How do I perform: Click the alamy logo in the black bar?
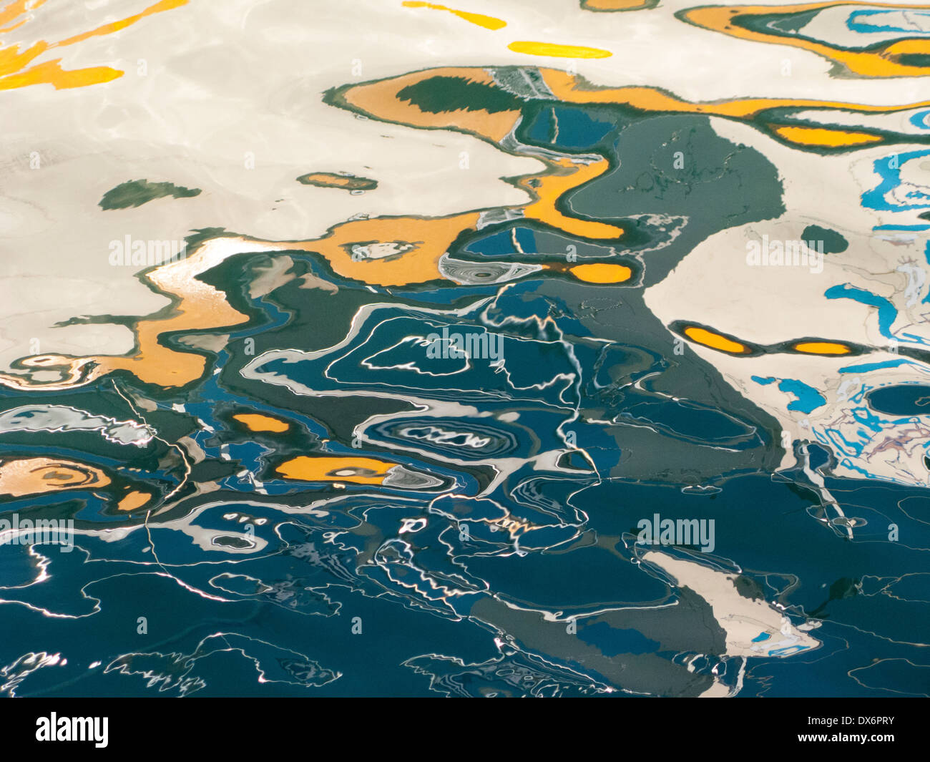(72, 729)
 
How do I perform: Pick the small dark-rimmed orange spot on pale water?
(336, 181)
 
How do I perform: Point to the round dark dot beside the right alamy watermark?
(823, 238)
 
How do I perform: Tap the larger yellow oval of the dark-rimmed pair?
(714, 339)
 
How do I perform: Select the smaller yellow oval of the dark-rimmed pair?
(822, 348)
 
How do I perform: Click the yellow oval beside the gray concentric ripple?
(601, 273)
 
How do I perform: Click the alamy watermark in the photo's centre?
(464, 345)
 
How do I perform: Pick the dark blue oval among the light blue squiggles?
(899, 400)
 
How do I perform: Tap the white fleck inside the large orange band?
(379, 250)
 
